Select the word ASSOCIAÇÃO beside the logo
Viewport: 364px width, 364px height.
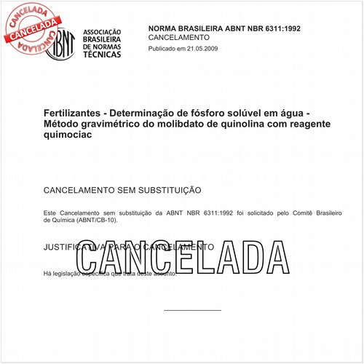click(x=102, y=33)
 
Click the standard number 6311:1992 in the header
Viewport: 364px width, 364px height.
click(x=276, y=28)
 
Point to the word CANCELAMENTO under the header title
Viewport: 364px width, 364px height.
click(x=178, y=37)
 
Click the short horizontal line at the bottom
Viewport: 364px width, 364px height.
click(x=192, y=310)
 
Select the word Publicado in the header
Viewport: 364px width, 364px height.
click(x=164, y=48)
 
